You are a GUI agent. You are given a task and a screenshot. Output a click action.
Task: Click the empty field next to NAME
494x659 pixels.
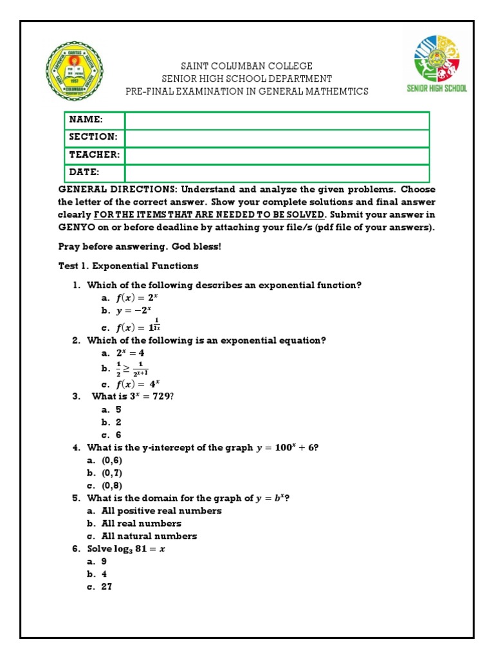[277, 120]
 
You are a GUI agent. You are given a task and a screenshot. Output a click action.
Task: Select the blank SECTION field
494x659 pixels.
[277, 138]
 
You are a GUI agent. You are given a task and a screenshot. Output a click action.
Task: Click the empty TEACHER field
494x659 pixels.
[277, 155]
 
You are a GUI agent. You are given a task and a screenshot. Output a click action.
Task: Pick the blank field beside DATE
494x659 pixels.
[277, 172]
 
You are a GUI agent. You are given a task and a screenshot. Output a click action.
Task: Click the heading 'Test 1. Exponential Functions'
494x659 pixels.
[129, 266]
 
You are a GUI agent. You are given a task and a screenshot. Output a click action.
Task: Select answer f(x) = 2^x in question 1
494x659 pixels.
[136, 298]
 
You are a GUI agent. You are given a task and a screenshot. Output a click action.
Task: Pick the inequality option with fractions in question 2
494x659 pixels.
[132, 369]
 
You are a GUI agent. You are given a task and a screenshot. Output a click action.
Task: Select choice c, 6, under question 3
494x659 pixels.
[118, 434]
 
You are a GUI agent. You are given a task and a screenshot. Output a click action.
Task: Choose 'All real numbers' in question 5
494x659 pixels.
[142, 523]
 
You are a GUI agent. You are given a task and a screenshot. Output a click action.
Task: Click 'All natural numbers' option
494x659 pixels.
[149, 536]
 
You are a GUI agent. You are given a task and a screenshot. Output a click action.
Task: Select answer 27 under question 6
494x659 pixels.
[107, 586]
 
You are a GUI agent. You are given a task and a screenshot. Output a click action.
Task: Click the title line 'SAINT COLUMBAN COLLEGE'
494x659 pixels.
[247, 66]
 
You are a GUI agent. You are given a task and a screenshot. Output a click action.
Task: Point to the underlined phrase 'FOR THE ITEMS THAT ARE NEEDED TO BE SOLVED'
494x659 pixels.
[210, 215]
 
